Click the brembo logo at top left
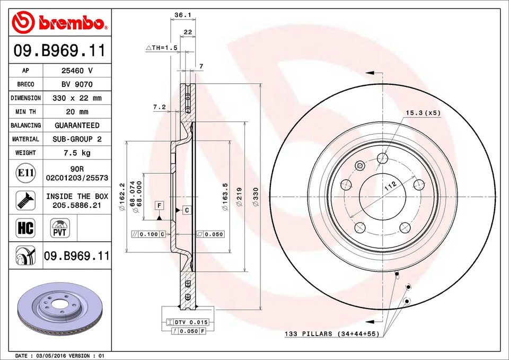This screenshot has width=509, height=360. (59, 22)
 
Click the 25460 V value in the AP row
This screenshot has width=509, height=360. (77, 71)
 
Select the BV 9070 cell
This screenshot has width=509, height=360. (77, 84)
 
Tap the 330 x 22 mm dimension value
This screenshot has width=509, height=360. (77, 98)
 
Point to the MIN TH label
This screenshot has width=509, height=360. (25, 112)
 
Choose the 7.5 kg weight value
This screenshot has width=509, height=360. (77, 153)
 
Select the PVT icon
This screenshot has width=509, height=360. (59, 229)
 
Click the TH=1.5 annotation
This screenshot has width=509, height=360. (161, 48)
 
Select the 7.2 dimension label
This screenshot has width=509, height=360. (160, 107)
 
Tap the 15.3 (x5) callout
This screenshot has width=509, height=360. (423, 112)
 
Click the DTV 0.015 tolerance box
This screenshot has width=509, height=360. (187, 322)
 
